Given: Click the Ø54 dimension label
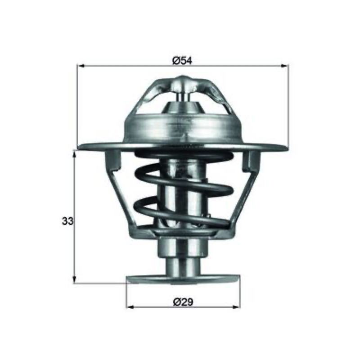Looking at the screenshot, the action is (182, 61).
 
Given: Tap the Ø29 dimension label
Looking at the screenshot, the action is (183, 302).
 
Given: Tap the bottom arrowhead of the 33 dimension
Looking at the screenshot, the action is (74, 279).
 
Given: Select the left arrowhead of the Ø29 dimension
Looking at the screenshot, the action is (130, 307).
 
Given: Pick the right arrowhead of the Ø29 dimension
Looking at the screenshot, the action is (236, 307).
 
